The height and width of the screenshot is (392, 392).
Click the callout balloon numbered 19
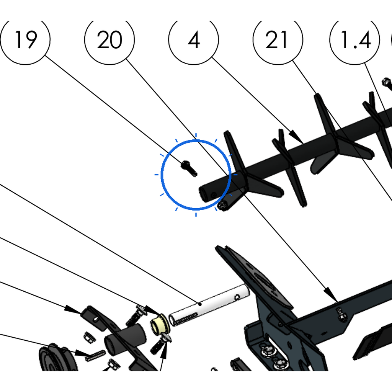click(25, 40)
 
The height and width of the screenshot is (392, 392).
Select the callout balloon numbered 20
click(109, 40)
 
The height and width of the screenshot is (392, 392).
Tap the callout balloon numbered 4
click(193, 40)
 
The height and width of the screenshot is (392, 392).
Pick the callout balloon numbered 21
click(278, 40)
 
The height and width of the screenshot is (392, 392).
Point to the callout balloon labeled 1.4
click(355, 40)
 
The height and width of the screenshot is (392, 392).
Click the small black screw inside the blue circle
click(189, 168)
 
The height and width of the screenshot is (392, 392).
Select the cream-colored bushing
click(160, 324)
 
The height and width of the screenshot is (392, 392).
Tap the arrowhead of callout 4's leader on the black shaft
click(297, 137)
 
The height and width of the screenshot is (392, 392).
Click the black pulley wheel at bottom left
click(58, 358)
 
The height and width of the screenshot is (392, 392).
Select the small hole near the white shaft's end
click(237, 297)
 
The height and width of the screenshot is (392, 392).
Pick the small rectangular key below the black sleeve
click(95, 356)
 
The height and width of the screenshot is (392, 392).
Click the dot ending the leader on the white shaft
click(200, 304)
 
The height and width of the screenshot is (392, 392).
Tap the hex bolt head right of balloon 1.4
click(387, 82)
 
